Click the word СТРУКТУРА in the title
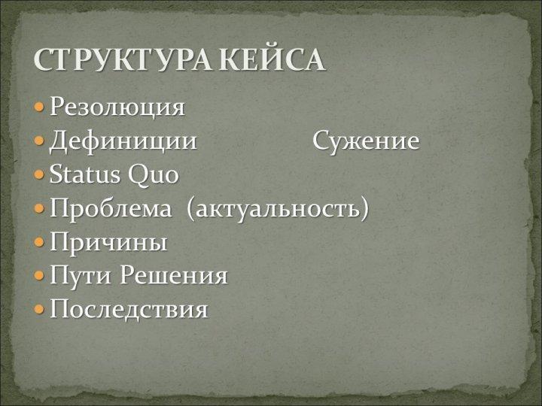[123, 59]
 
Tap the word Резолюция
[117, 107]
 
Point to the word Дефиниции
[123, 141]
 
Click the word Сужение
[366, 141]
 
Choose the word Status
[84, 174]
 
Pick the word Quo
[154, 175]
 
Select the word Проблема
[111, 208]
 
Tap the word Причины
[108, 242]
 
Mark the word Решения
[174, 275]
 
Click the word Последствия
[129, 309]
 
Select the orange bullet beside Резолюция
[39, 107]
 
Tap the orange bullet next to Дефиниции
[39, 141]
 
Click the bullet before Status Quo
[39, 174]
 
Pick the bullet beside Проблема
[39, 208]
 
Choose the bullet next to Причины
[39, 241]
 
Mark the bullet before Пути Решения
[39, 275]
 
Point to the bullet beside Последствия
[39, 309]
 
